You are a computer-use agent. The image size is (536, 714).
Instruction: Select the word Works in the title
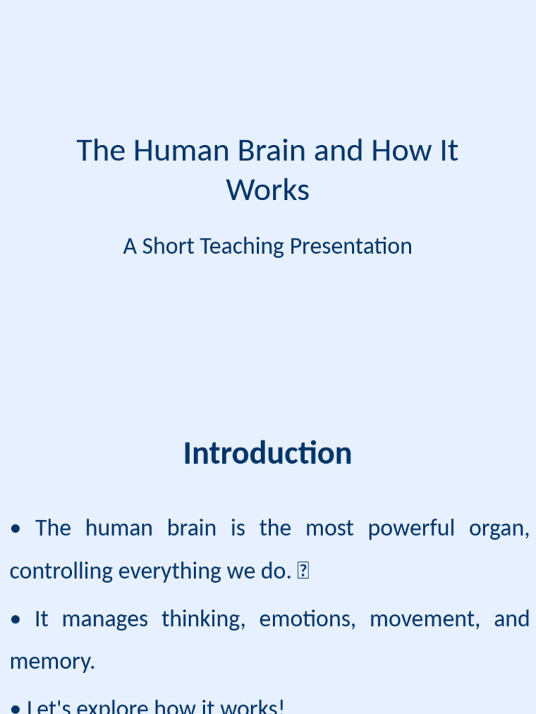(x=267, y=190)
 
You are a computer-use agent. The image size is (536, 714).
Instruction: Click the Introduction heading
(x=267, y=453)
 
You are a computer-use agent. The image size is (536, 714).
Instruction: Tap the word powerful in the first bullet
(x=411, y=528)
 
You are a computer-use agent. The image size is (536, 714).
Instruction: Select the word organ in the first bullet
(x=498, y=528)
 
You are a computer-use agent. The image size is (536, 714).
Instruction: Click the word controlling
(x=61, y=571)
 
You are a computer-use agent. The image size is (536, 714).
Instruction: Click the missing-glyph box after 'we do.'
(x=303, y=571)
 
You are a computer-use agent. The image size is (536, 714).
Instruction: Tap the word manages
(x=105, y=618)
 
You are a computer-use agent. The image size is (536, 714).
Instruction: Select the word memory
(x=52, y=662)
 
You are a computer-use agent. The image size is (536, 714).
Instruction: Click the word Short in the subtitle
(x=168, y=246)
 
